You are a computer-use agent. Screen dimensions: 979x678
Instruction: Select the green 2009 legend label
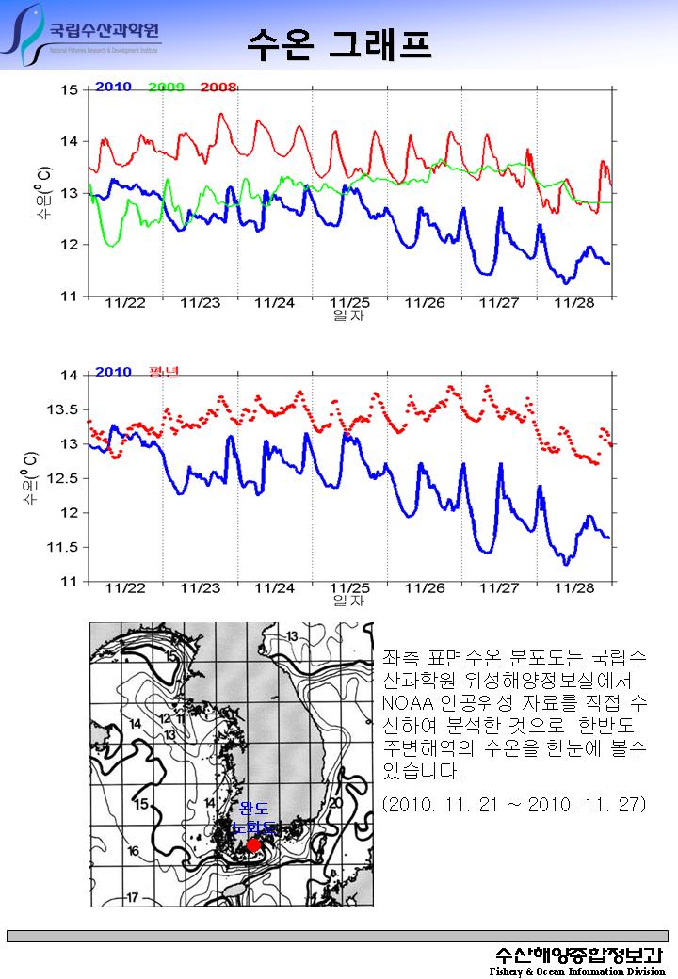[x=166, y=88]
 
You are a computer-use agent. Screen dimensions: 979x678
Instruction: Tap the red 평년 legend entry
[x=163, y=372]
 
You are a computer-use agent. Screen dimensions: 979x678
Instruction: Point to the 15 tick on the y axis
[x=70, y=90]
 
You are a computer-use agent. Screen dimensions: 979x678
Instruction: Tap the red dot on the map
[x=252, y=844]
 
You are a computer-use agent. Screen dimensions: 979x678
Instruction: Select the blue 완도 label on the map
[x=253, y=809]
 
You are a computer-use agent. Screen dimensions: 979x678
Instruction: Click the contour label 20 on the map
[x=335, y=803]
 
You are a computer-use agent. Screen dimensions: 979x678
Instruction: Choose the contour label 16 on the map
[x=134, y=850]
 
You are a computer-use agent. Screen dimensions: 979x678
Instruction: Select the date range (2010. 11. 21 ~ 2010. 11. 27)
[x=513, y=804]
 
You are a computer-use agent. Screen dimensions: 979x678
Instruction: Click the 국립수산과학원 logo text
[x=105, y=29]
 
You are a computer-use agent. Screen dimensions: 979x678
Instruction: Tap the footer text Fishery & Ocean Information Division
[x=577, y=971]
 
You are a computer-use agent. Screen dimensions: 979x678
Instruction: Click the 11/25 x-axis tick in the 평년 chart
[x=349, y=587]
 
